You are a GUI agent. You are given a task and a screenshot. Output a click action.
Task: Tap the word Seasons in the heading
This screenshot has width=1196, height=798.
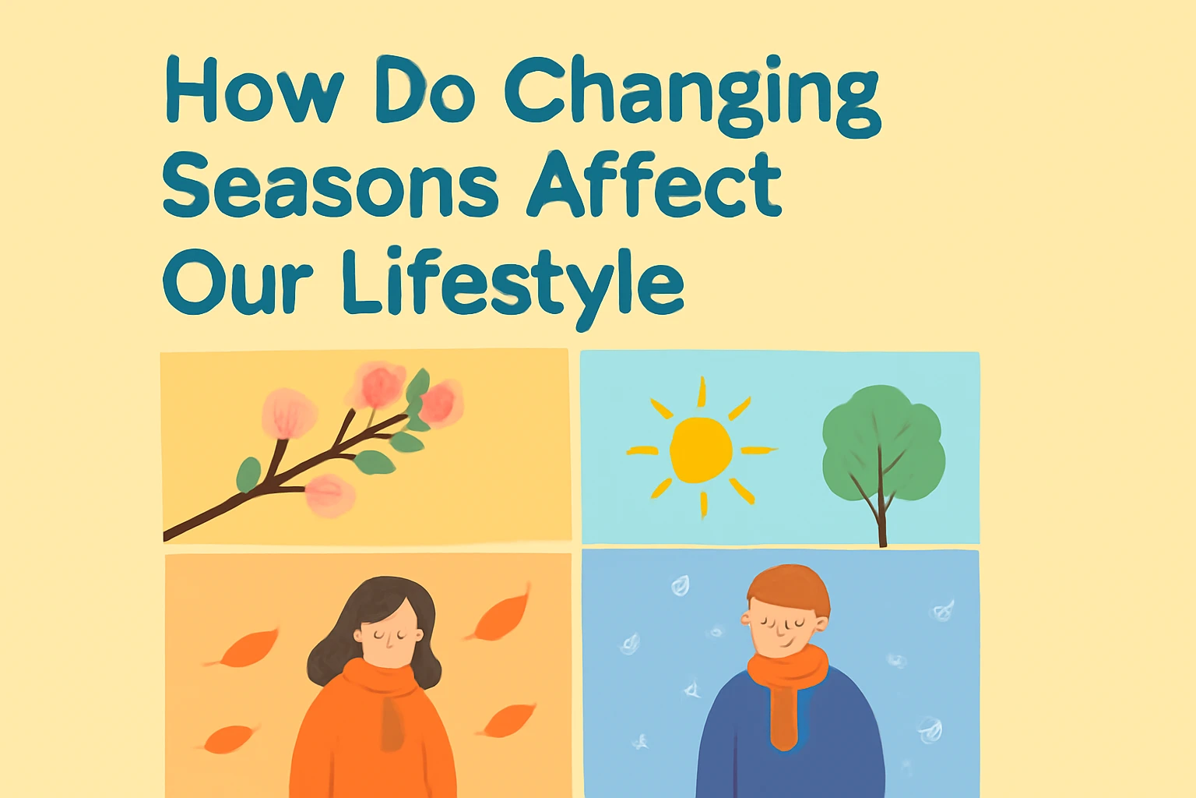(x=330, y=185)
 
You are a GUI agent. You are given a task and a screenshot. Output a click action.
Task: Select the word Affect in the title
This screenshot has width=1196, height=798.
(x=655, y=185)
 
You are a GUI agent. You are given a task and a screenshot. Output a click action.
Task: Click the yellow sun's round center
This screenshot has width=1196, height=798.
(x=701, y=450)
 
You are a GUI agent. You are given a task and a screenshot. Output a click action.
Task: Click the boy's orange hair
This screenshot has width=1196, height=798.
(x=788, y=588)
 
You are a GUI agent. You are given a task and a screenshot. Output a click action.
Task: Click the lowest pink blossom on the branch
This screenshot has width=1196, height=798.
(x=329, y=495)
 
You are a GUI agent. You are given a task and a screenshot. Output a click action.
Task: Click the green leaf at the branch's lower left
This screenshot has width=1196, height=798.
(x=249, y=475)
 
